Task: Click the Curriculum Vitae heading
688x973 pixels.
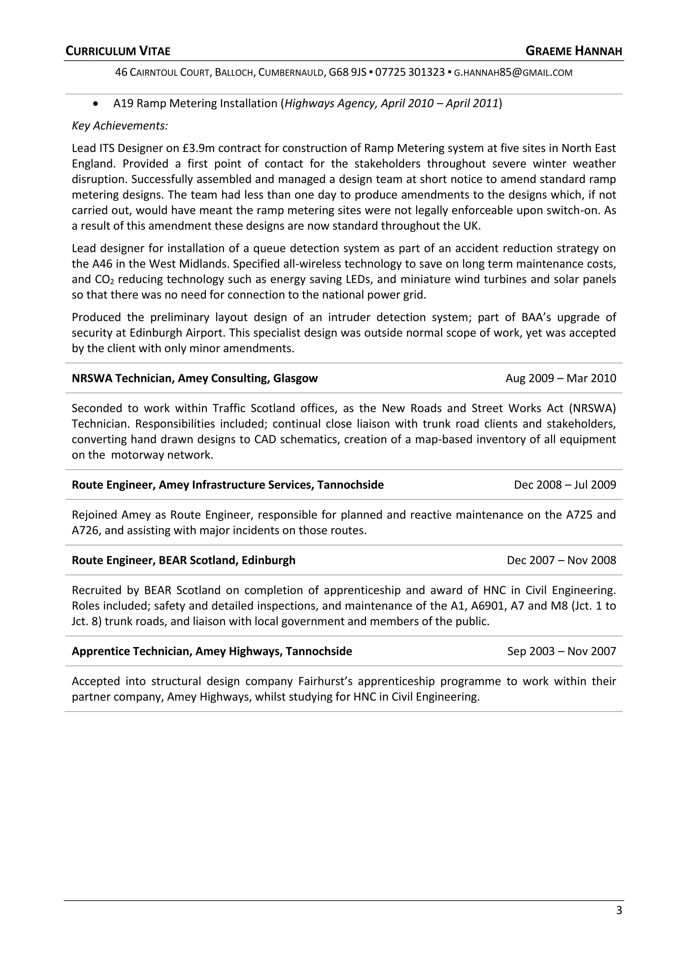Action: click(118, 51)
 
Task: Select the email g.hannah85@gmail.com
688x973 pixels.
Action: click(513, 73)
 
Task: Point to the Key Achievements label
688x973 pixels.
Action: click(120, 126)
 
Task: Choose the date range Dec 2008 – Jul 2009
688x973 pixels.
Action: click(565, 484)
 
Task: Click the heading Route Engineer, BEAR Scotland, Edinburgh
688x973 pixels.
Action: click(183, 560)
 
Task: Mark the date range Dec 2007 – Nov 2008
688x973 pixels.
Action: click(561, 560)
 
